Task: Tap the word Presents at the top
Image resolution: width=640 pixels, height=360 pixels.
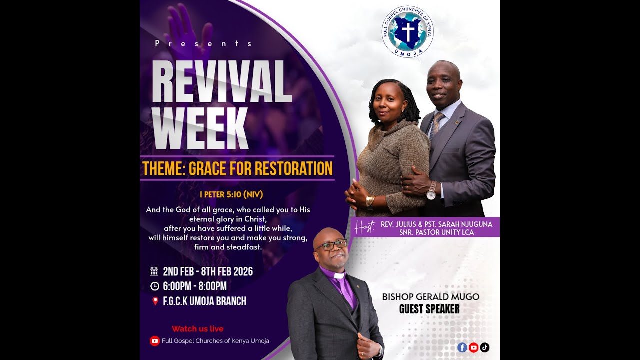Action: (204, 43)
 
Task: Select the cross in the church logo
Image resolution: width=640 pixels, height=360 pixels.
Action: (408, 31)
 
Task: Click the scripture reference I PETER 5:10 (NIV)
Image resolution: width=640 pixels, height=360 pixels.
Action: (231, 194)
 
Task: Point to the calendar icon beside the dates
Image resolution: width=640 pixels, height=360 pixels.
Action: (154, 272)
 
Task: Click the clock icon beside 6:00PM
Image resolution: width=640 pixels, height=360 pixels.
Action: (154, 286)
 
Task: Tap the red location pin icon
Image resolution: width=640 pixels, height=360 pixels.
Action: (155, 301)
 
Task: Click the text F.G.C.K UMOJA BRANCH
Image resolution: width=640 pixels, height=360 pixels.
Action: (204, 301)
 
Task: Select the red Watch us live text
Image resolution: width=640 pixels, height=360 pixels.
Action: (197, 329)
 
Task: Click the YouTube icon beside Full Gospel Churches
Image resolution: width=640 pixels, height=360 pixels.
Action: (155, 341)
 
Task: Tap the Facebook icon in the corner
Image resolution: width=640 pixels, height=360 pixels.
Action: (462, 347)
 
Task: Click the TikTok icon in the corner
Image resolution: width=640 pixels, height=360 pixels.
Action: (484, 347)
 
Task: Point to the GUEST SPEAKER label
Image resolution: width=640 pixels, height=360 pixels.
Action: (429, 309)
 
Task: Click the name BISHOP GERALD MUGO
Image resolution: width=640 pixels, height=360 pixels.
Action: (430, 297)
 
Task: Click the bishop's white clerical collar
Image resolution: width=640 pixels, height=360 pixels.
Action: (339, 275)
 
